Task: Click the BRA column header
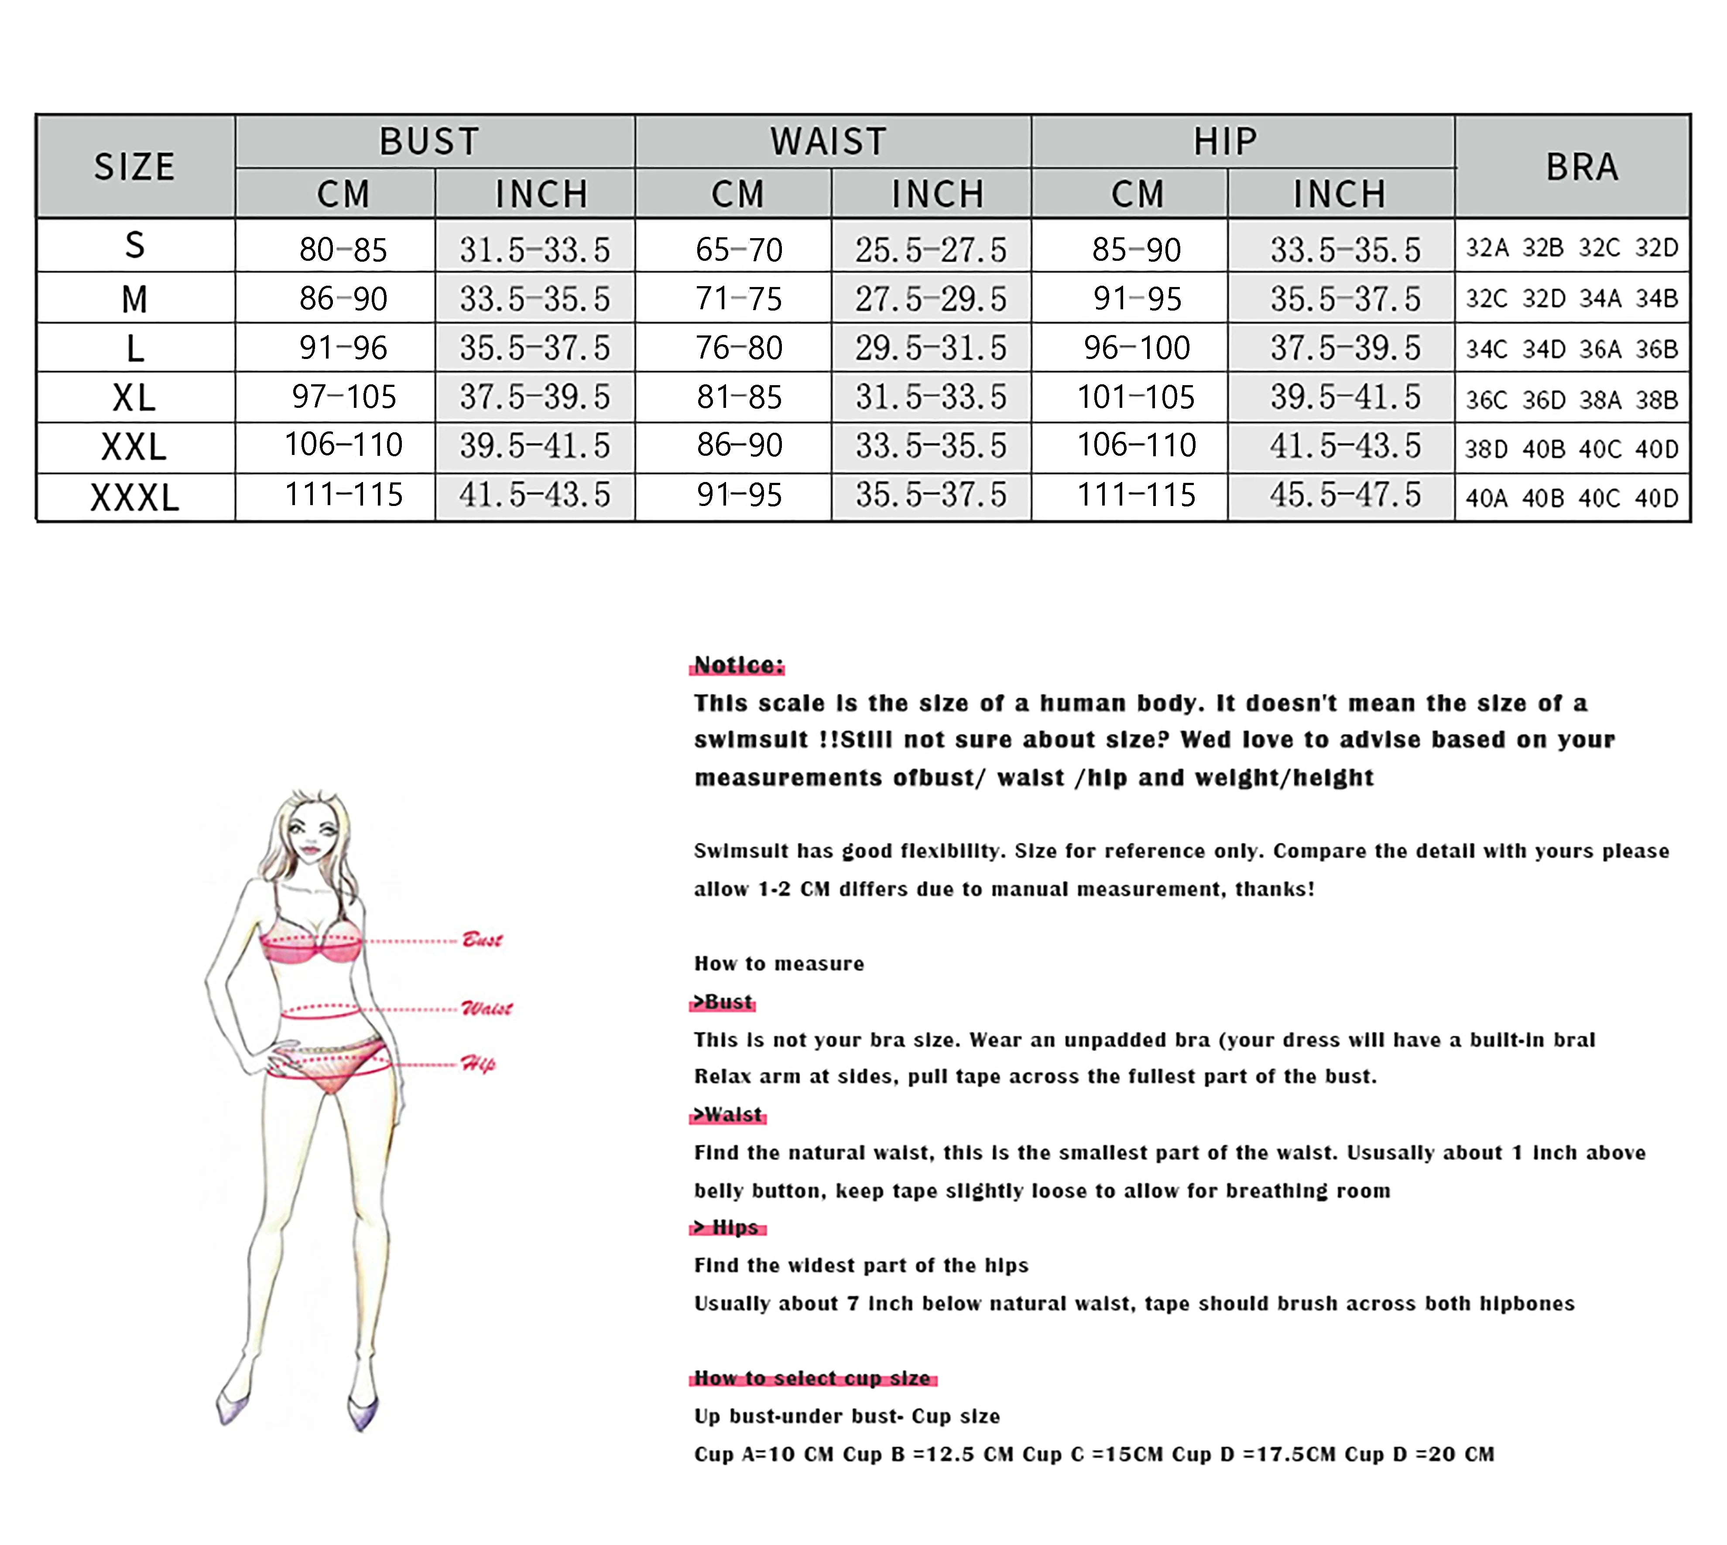(1581, 166)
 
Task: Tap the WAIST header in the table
(829, 141)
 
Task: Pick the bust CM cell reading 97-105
(344, 397)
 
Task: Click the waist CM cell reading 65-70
(739, 250)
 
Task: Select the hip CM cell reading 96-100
(1137, 347)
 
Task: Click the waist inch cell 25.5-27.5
(931, 250)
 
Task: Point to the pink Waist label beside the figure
(487, 1008)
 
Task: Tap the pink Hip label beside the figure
(478, 1064)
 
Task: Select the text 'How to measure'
(778, 964)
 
